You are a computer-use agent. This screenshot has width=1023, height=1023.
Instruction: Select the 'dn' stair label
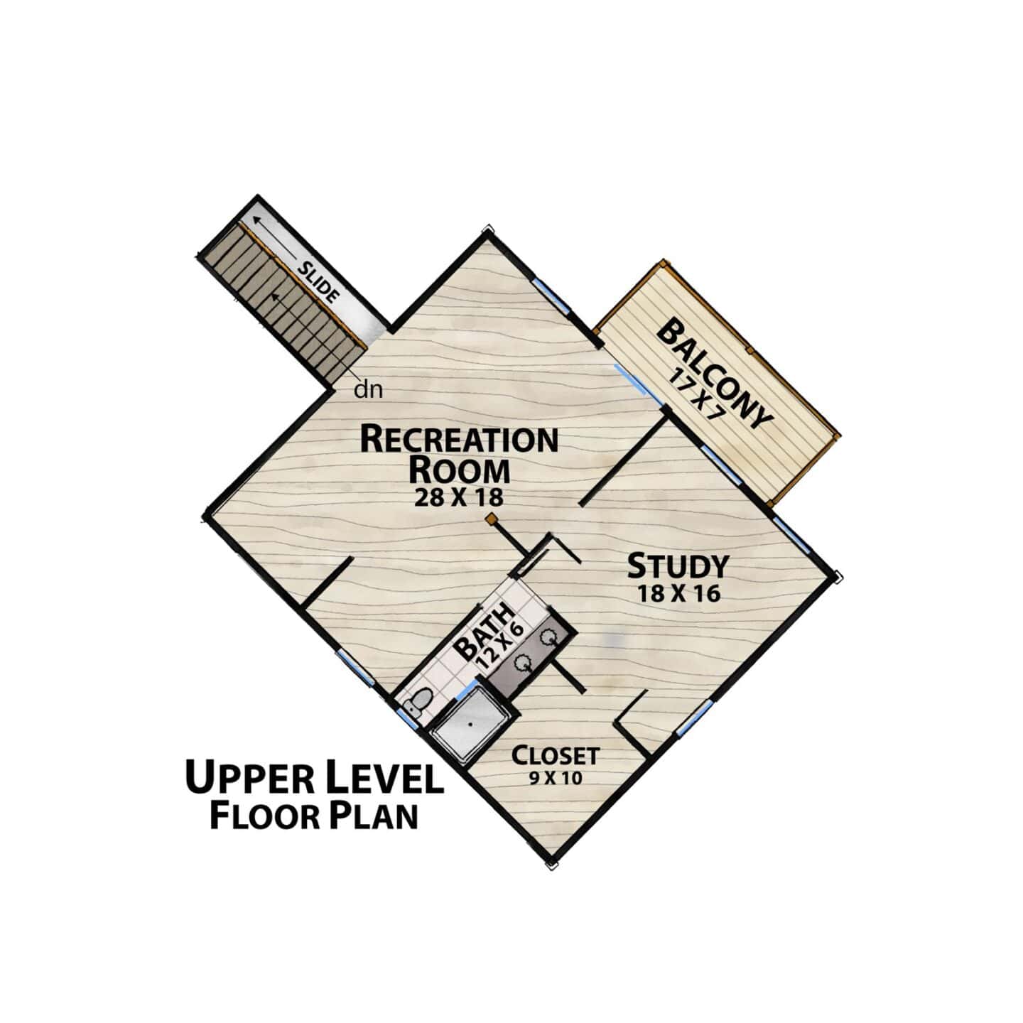coord(369,390)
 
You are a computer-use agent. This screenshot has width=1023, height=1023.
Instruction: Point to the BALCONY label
coord(714,374)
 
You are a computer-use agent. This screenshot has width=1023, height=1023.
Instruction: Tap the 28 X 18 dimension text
coord(459,497)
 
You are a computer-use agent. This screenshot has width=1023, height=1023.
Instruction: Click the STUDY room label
coord(678,566)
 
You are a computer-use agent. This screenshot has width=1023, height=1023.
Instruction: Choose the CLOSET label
coord(556,755)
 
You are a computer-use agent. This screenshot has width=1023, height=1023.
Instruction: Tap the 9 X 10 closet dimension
coord(556,779)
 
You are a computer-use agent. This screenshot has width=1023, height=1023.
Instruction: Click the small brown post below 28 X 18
coord(492,518)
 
